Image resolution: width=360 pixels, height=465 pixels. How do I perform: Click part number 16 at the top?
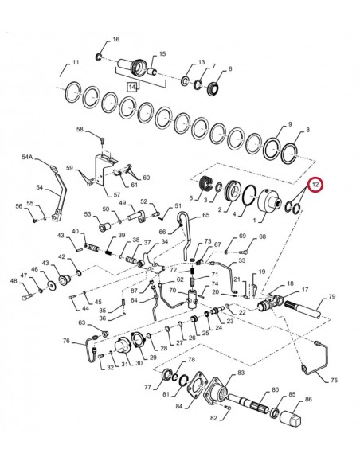point(115,40)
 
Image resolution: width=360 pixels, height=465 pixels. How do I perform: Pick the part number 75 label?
point(334,381)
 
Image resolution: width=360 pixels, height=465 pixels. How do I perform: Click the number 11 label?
point(76,62)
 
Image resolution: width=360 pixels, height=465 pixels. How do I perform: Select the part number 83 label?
point(241,373)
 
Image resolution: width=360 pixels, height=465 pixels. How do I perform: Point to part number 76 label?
point(67,341)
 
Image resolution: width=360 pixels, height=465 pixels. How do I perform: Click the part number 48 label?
point(14,281)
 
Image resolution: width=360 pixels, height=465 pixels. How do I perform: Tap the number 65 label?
point(205,214)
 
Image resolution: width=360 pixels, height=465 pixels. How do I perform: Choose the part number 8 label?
point(309,129)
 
